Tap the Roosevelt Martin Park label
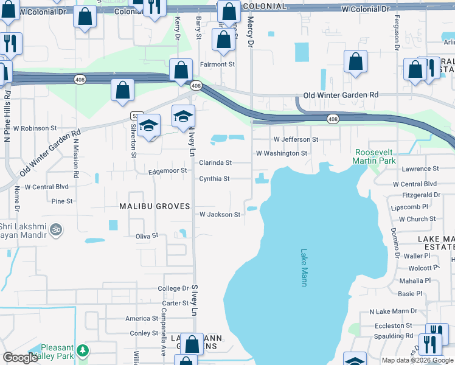375,156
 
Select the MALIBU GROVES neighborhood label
150,206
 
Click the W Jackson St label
220,215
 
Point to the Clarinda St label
216,163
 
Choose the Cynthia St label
214,179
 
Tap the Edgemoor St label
168,171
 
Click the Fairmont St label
218,64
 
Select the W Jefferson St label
296,139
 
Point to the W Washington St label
282,153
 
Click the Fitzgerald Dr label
421,195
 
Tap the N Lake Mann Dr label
394,311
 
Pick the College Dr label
173,288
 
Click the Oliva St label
147,235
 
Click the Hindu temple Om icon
56,230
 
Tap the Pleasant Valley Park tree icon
83,351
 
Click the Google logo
20,358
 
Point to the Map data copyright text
417,360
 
